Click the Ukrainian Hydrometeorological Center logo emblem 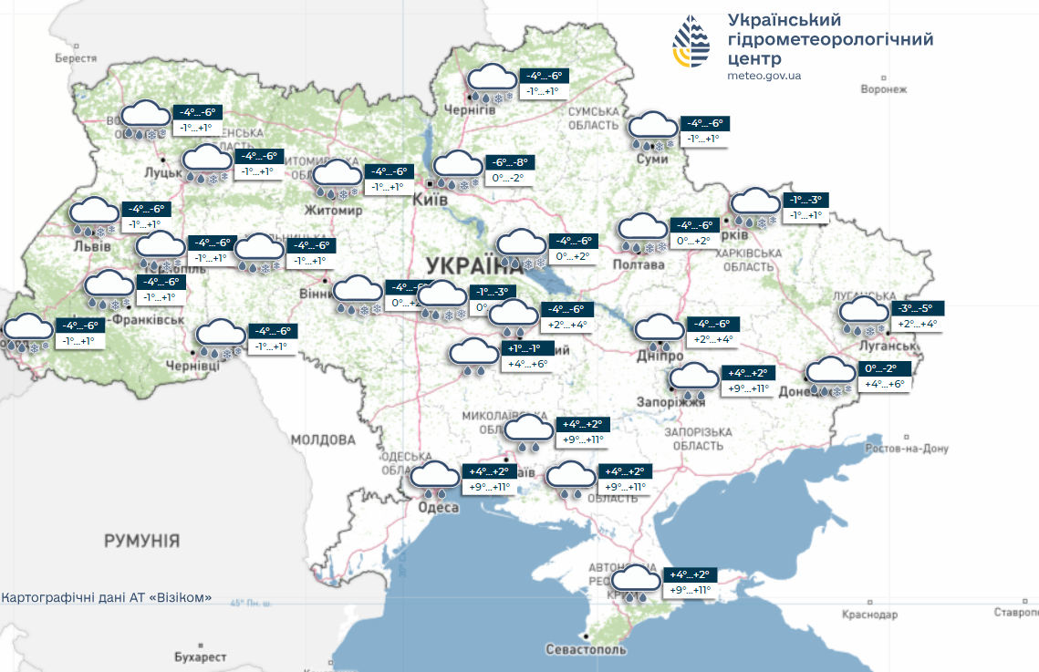(691, 42)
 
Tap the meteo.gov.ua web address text (764, 76)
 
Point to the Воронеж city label (884, 89)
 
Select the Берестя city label (76, 57)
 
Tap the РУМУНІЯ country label (141, 541)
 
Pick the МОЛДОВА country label (323, 439)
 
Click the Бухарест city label (200, 656)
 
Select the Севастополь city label (586, 650)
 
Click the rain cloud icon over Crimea (636, 582)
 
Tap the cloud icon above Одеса (435, 478)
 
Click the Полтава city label (640, 264)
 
